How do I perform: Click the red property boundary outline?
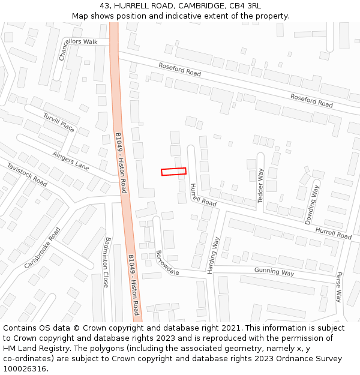[x=173, y=172]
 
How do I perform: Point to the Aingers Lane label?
[x=71, y=160]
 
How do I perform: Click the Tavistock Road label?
[x=27, y=173]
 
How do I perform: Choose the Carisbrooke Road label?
[x=43, y=248]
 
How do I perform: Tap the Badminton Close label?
[x=107, y=263]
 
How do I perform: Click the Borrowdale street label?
[x=167, y=263]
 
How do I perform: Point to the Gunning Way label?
[x=274, y=272]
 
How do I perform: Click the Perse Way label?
[x=338, y=287]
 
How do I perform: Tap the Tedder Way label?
[x=261, y=185]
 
